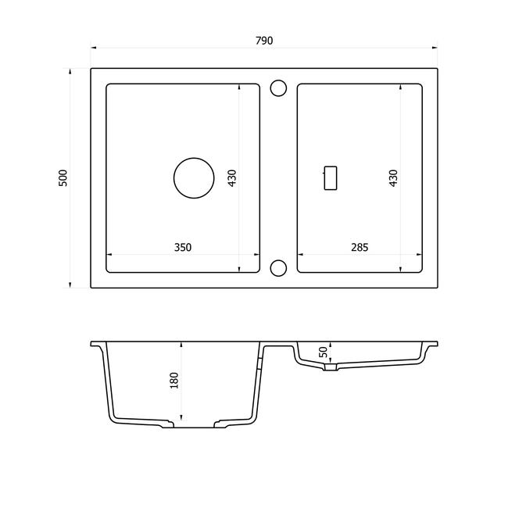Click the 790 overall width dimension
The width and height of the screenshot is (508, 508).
264,41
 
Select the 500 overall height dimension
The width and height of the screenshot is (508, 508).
63,178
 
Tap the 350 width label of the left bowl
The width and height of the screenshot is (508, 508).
183,248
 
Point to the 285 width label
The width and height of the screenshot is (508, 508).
360,248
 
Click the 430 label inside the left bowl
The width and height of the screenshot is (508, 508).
232,178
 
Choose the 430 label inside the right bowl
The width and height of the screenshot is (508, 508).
393,178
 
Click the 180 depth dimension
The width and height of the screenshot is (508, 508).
174,381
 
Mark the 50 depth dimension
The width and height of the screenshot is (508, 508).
324,352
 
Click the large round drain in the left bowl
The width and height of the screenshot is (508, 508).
194,158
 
